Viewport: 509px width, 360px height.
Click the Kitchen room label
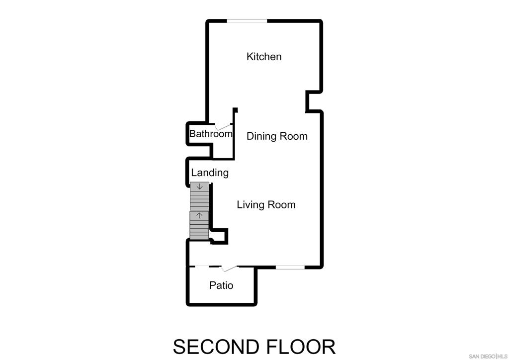click(264, 57)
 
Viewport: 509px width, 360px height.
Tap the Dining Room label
click(277, 136)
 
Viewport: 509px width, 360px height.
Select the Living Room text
click(266, 204)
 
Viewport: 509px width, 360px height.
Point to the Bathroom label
click(211, 134)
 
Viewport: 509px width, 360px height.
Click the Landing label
click(210, 173)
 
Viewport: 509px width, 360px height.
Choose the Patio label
click(221, 285)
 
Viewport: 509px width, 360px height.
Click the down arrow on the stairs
click(200, 186)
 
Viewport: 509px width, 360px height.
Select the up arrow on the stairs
click(199, 215)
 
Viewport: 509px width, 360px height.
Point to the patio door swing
click(229, 269)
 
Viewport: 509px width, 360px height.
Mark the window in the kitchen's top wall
click(247, 21)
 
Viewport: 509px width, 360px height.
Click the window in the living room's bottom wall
click(290, 268)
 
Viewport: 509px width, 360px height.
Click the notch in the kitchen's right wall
click(314, 101)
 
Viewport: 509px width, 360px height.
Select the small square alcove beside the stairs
click(219, 236)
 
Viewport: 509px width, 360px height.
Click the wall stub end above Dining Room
click(235, 110)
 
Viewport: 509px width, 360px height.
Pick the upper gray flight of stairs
click(199, 197)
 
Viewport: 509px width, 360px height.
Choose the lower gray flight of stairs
click(199, 226)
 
